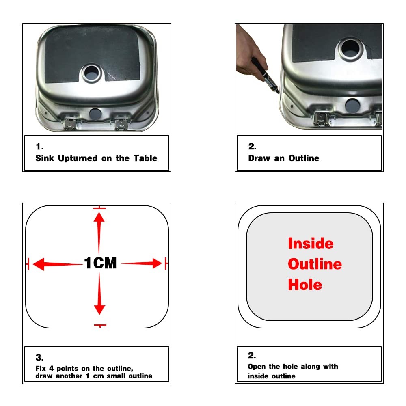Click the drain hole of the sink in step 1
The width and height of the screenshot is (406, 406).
point(91,73)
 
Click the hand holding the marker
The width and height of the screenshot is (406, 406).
point(251,51)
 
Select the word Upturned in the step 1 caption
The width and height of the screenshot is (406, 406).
point(78,158)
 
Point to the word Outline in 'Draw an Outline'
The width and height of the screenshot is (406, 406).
point(304,158)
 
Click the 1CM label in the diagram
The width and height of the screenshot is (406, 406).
point(100,263)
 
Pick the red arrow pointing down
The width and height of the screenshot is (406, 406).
point(99,294)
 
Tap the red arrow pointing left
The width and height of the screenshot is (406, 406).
point(58,264)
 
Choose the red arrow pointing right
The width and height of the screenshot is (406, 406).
point(141,263)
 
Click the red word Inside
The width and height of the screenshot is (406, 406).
point(311,243)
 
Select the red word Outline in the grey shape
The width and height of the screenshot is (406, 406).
point(315,264)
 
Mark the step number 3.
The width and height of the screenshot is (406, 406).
point(39,358)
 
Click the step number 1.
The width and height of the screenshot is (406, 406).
point(39,147)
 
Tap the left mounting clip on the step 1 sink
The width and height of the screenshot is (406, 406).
point(70,123)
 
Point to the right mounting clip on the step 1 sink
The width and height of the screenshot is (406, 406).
point(121,124)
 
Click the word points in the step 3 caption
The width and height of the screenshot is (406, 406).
point(67,369)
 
